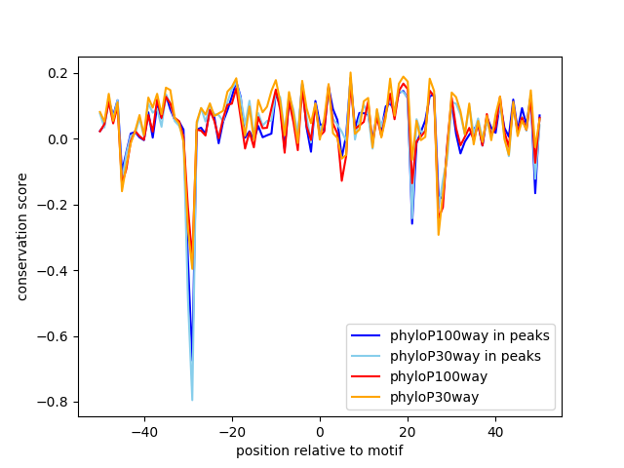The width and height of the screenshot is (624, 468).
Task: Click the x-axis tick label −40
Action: click(x=143, y=431)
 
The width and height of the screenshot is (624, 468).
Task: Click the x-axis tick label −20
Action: click(x=231, y=431)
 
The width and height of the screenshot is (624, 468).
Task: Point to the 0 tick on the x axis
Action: click(x=320, y=431)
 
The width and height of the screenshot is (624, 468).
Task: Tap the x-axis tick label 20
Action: click(x=408, y=431)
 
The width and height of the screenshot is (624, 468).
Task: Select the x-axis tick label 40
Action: click(x=495, y=431)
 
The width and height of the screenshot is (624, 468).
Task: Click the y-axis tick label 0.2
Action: click(x=58, y=73)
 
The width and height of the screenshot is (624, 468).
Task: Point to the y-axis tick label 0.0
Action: click(x=58, y=139)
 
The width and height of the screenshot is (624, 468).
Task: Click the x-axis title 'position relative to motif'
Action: click(x=319, y=450)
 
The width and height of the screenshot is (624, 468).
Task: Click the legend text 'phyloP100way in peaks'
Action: click(x=470, y=335)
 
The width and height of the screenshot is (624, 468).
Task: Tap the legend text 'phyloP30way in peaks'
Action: click(x=467, y=356)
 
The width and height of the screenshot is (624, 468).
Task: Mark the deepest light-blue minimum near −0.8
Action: click(x=192, y=399)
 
